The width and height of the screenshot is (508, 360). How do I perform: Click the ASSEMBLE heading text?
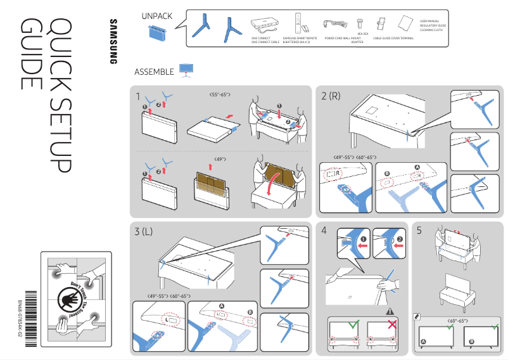tap(154, 72)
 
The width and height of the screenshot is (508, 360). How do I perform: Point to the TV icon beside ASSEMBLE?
tap(186, 70)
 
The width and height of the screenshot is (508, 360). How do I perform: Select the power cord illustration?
tap(333, 24)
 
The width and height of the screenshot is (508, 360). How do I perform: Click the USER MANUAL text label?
tap(429, 21)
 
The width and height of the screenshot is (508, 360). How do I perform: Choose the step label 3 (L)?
tap(144, 231)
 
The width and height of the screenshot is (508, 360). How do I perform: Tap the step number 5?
tap(419, 231)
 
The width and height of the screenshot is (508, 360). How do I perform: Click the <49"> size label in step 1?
tap(220, 157)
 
